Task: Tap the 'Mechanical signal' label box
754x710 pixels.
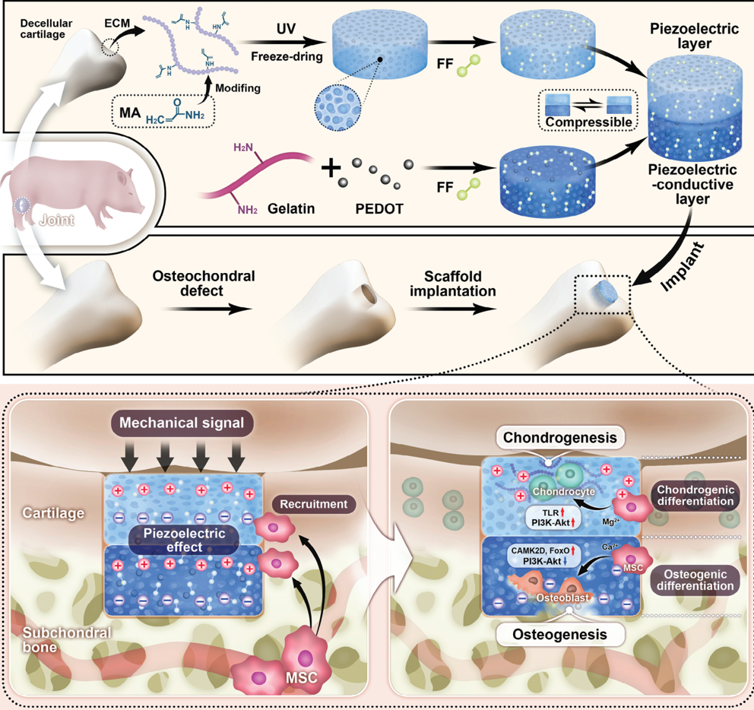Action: point(182,423)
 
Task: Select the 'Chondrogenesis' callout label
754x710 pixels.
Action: point(559,438)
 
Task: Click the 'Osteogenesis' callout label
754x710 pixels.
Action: point(559,635)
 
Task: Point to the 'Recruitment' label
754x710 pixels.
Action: point(314,504)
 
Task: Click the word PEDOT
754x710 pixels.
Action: point(379,209)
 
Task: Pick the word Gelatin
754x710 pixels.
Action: point(291,209)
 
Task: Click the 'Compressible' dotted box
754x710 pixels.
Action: point(588,110)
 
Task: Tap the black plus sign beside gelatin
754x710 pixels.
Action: point(331,168)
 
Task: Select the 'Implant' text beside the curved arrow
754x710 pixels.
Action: point(683,267)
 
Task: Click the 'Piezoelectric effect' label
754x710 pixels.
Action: point(184,540)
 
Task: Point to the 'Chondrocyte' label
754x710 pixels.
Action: point(563,492)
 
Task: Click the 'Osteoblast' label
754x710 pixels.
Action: point(562,597)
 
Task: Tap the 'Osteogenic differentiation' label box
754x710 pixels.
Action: point(695,580)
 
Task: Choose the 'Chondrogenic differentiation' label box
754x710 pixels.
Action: point(695,496)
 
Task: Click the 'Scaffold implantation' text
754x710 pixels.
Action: point(452,284)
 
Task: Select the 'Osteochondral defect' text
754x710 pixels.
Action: point(204,284)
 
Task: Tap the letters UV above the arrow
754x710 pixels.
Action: point(286,29)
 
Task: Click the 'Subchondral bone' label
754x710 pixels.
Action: point(67,640)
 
